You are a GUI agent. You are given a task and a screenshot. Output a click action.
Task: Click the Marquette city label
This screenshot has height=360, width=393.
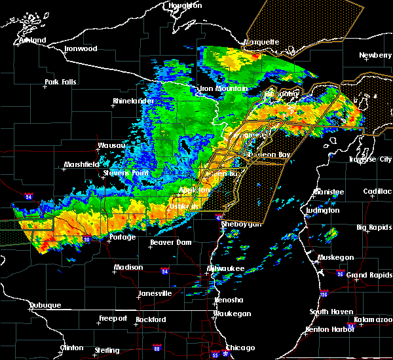261,42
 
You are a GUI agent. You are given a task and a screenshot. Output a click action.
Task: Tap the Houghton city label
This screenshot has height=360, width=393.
185,5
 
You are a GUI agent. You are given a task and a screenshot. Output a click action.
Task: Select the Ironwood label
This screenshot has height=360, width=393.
81,49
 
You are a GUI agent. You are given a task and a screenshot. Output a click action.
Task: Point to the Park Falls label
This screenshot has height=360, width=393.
60,82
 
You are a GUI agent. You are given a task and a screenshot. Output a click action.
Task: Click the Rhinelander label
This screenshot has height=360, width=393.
132,101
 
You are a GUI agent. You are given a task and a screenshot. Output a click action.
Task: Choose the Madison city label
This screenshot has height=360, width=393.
128,267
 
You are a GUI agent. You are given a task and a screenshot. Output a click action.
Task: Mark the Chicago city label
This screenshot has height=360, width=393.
240,348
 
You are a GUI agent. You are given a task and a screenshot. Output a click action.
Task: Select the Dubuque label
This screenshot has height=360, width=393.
45,306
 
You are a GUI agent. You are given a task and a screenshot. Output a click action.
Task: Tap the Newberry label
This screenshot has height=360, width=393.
375,56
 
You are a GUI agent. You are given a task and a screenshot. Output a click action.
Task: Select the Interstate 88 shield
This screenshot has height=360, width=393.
156,348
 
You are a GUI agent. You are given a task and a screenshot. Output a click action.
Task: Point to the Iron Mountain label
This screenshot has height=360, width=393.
223,89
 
